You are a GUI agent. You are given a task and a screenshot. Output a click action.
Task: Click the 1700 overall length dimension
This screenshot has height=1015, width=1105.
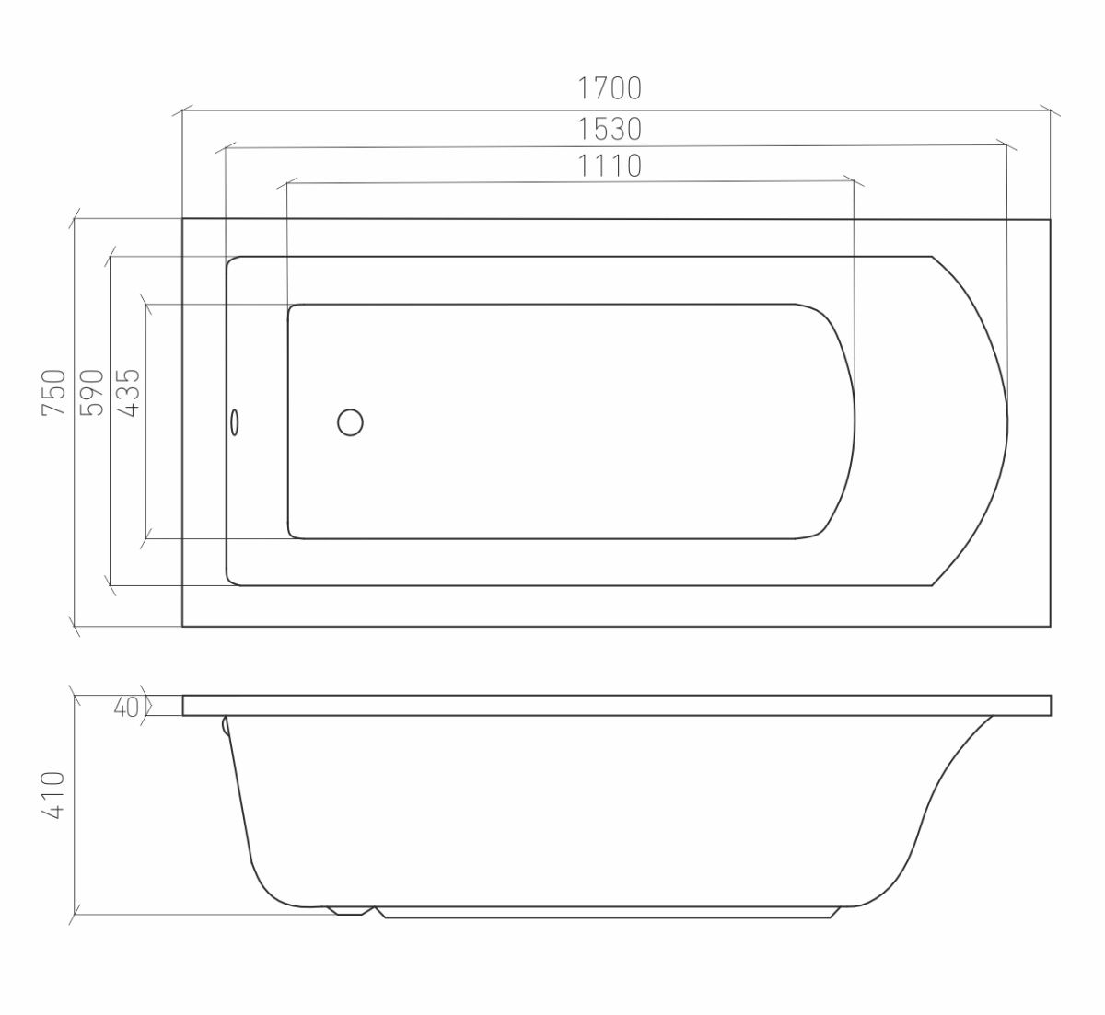pos(610,88)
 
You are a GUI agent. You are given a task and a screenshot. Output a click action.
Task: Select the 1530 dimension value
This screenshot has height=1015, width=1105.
pos(610,130)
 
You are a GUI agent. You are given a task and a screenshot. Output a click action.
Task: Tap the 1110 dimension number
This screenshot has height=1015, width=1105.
pos(610,166)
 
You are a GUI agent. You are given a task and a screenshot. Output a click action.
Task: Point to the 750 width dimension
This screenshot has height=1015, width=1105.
pos(54,392)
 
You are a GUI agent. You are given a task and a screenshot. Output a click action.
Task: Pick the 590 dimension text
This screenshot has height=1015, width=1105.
pos(91,392)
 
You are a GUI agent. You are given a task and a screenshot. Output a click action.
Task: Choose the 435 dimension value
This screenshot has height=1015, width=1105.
pos(129,392)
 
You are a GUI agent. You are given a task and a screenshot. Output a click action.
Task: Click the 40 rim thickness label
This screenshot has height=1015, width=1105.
pos(126,707)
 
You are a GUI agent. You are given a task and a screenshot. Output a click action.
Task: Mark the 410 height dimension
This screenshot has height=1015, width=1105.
pos(53,795)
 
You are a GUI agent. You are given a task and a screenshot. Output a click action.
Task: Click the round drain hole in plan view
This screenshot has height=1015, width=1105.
pos(350,422)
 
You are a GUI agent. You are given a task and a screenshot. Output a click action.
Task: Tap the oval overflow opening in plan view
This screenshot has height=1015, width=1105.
pos(235,421)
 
